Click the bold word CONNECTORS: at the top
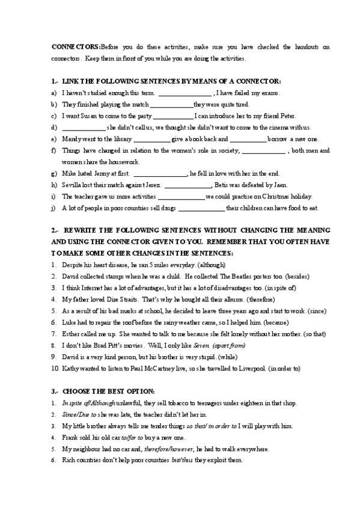tap(76, 46)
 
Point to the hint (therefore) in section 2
tap(260, 299)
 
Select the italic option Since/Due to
tap(78, 414)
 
